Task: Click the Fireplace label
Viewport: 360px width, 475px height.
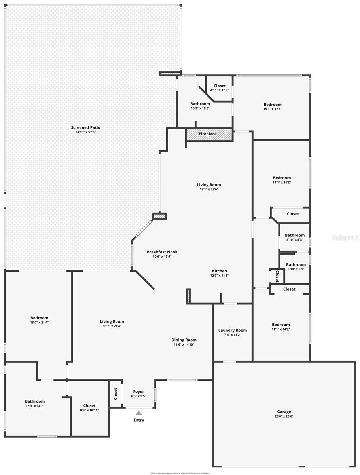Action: tap(208, 134)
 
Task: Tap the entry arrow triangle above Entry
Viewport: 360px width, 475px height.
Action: tap(139, 413)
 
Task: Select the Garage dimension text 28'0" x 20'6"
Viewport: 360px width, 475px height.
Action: tap(284, 416)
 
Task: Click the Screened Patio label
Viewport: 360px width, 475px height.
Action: tap(85, 127)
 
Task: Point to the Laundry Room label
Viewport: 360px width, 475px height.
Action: tap(233, 330)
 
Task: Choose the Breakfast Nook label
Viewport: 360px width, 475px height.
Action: tap(162, 252)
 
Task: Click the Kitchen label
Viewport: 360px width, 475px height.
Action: tap(219, 271)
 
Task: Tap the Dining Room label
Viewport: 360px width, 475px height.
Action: tap(184, 340)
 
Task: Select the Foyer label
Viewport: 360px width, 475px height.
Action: tap(138, 391)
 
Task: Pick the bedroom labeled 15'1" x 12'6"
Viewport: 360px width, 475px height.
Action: tap(273, 106)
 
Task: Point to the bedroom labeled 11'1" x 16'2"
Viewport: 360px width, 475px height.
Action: tap(282, 180)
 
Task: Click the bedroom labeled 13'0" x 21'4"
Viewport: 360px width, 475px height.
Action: tap(39, 320)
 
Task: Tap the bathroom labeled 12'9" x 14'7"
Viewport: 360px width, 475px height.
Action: tap(35, 403)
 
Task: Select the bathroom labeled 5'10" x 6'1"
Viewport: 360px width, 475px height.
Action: tap(296, 267)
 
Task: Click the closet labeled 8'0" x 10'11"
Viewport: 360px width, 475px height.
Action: tap(89, 408)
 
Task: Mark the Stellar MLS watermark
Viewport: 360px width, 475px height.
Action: tap(345, 238)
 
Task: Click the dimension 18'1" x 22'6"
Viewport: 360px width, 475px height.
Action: tap(209, 189)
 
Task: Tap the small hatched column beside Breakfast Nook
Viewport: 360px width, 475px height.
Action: tap(159, 216)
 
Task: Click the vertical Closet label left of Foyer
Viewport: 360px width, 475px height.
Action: tap(116, 394)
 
